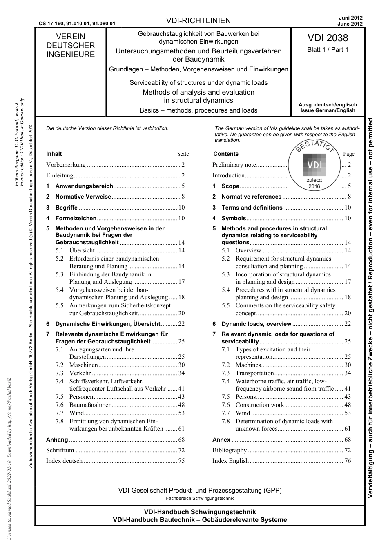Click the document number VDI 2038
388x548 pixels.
[328, 38]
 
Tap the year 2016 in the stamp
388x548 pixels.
[314, 186]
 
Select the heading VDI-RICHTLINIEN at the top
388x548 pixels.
[199, 21]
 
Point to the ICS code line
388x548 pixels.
[76, 24]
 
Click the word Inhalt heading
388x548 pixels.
[54, 154]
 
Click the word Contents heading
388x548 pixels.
[226, 154]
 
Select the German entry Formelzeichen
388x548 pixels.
[76, 218]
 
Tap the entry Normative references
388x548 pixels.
[251, 197]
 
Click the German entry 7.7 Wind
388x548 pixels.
[76, 413]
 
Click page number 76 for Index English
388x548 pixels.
[347, 461]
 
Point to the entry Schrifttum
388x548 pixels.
[60, 450]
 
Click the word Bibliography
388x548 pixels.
[230, 450]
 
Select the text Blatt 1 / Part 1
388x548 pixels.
[328, 50]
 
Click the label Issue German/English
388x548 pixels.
[328, 110]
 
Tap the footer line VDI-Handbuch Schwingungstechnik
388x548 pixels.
[200, 512]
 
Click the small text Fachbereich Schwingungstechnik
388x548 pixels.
[200, 498]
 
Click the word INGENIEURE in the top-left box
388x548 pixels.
[70, 55]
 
